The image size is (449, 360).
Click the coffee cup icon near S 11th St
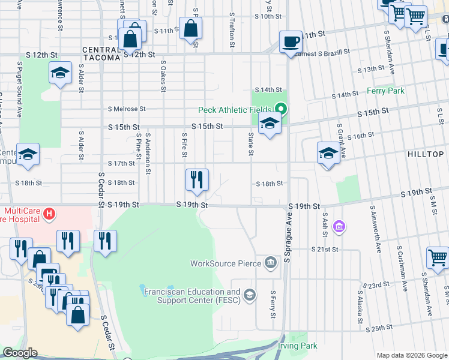291,42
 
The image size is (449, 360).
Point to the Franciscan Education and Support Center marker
250,295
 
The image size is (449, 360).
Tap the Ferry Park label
385,91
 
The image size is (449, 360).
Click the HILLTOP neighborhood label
425,154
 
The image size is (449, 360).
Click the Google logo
19,352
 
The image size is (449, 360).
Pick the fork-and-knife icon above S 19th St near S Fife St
197,179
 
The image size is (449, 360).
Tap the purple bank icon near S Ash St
339,227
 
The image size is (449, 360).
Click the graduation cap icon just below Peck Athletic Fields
270,125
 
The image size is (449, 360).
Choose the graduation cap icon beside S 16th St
328,153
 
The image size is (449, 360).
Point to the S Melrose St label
127,109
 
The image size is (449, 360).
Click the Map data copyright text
411,355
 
